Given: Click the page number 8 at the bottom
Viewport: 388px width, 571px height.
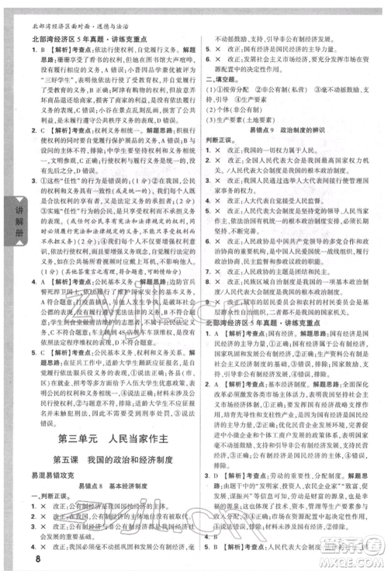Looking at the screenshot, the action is [x=15, y=552].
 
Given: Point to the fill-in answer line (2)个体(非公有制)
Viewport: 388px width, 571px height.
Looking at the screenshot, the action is [x=234, y=111].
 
